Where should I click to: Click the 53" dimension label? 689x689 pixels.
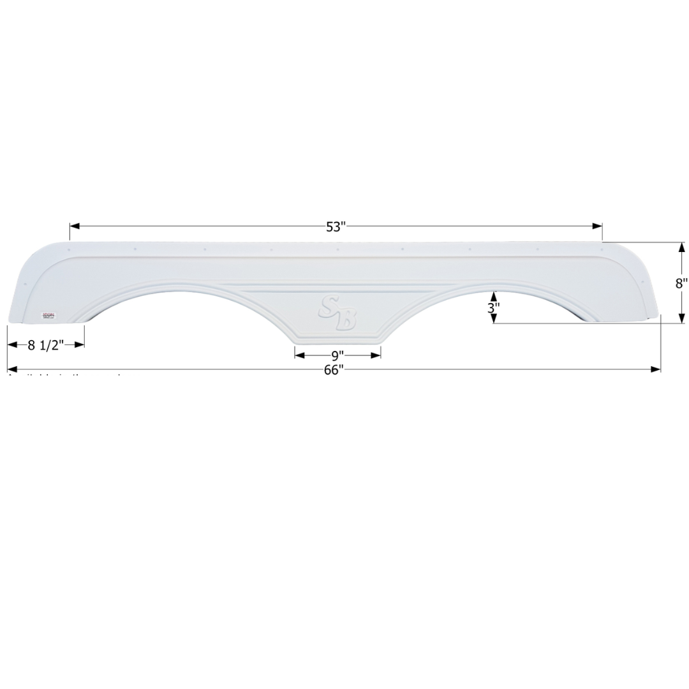(336, 226)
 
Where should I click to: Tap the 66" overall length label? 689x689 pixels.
(334, 370)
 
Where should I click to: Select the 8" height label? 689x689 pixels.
(682, 283)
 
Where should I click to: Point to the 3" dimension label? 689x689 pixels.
(494, 307)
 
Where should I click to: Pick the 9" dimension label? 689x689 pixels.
(337, 355)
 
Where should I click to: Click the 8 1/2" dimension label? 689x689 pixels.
(46, 345)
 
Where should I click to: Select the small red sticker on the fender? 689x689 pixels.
(48, 315)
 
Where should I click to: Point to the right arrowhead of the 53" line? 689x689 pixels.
(598, 226)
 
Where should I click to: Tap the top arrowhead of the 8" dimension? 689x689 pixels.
(682, 248)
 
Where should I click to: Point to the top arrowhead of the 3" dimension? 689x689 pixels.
(494, 296)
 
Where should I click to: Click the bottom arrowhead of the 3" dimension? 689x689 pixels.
(494, 318)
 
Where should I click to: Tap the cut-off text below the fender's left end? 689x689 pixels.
(64, 375)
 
